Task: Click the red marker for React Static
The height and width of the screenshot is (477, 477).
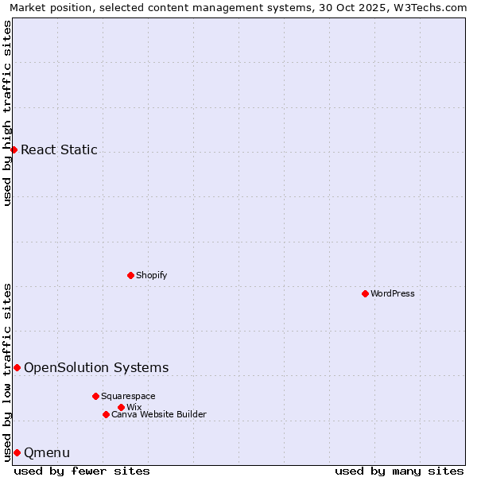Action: pyautogui.click(x=14, y=149)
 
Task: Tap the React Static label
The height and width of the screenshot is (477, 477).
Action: pyautogui.click(x=59, y=149)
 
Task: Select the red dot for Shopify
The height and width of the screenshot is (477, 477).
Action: pyautogui.click(x=130, y=275)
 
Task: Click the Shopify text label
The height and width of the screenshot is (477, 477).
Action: pyautogui.click(x=151, y=275)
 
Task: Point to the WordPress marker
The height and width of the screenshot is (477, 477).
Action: pyautogui.click(x=365, y=293)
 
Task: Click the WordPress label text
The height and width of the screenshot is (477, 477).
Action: pyautogui.click(x=392, y=293)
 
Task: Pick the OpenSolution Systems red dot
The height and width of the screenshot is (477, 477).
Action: pyautogui.click(x=17, y=367)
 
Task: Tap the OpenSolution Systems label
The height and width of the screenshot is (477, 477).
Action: pyautogui.click(x=96, y=367)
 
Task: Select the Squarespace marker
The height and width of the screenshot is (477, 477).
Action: pyautogui.click(x=95, y=396)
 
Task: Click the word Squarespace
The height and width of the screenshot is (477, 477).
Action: pyautogui.click(x=128, y=396)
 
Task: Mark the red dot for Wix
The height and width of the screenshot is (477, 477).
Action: pyautogui.click(x=121, y=407)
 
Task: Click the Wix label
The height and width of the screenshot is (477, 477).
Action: pyautogui.click(x=134, y=407)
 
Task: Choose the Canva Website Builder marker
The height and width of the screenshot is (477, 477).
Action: pyautogui.click(x=106, y=414)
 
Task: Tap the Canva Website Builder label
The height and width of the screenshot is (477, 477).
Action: pyautogui.click(x=158, y=414)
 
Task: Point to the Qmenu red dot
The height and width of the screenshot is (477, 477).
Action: pyautogui.click(x=17, y=452)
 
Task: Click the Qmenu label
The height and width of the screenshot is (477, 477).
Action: pyautogui.click(x=47, y=453)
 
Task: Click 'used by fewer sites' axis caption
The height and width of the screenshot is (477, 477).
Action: pyautogui.click(x=82, y=471)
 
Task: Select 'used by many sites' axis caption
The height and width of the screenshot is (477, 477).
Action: pyautogui.click(x=399, y=471)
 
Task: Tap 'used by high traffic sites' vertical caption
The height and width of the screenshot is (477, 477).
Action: pyautogui.click(x=7, y=113)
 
